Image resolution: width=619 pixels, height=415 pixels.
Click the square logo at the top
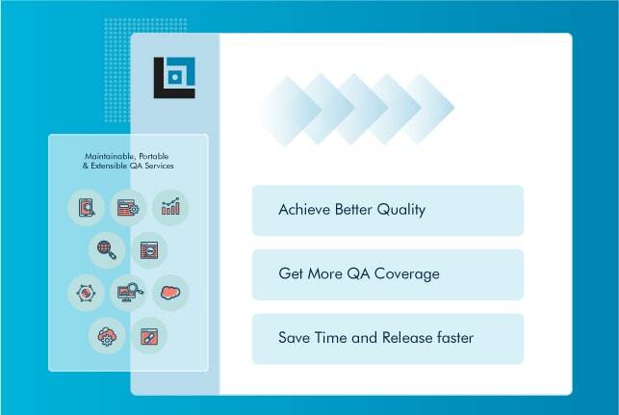pyautogui.click(x=174, y=78)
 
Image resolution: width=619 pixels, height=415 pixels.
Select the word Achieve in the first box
pyautogui.click(x=301, y=210)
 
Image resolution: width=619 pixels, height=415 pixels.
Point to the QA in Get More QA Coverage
pyautogui.click(x=362, y=274)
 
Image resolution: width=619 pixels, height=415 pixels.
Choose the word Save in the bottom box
pyautogui.click(x=294, y=338)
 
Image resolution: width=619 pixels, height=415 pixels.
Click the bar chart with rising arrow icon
pyautogui.click(x=170, y=207)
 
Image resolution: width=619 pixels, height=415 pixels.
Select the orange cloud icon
pyautogui.click(x=170, y=292)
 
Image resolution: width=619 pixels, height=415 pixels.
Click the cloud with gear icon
pyautogui.click(x=106, y=335)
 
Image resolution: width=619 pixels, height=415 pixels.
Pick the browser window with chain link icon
pyautogui.click(x=149, y=335)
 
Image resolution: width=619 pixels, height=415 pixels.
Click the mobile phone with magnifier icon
pyautogui.click(x=85, y=207)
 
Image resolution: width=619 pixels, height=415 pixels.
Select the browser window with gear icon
pyautogui.click(x=127, y=207)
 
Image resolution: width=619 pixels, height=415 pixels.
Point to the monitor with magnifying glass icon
pyautogui.click(x=127, y=292)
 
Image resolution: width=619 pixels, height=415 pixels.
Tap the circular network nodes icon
pyautogui.click(x=85, y=292)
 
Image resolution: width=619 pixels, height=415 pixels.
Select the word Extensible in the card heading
pyautogui.click(x=113, y=167)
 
